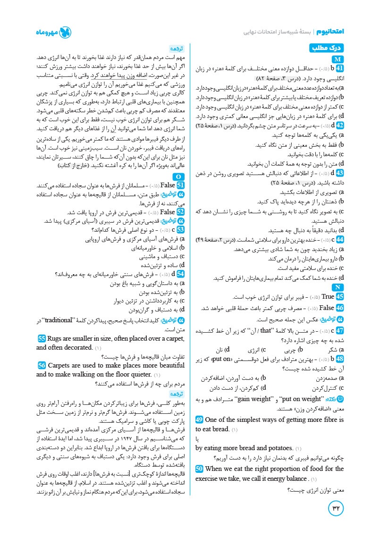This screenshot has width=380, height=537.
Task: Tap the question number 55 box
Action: pos(42,339)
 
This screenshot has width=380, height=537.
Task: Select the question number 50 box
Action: pos(199,469)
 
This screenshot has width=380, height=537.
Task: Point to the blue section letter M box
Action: pos(338,59)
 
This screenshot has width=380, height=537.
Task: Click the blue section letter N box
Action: pos(338,287)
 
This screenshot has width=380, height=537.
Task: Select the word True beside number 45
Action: pos(327,297)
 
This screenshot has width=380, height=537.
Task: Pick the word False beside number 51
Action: pos(168,185)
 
